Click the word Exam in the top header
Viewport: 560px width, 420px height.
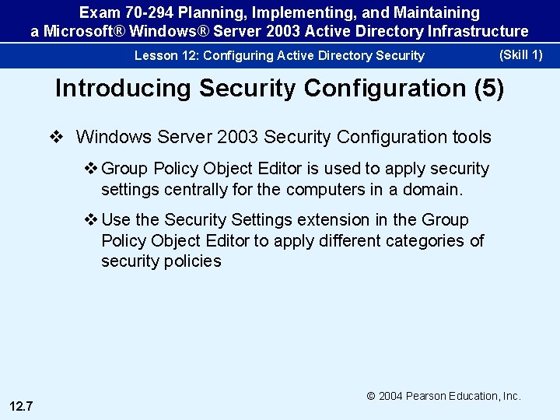(98, 13)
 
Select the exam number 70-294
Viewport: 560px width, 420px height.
(148, 13)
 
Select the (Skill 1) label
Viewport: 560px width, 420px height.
(520, 54)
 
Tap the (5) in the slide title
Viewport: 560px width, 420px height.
(488, 89)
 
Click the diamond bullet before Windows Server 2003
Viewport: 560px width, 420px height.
(55, 138)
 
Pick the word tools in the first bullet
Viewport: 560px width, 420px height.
(470, 138)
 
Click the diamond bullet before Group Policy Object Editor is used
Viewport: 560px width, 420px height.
(91, 169)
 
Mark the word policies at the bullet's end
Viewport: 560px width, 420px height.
(192, 261)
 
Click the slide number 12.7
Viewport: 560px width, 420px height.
(21, 405)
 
